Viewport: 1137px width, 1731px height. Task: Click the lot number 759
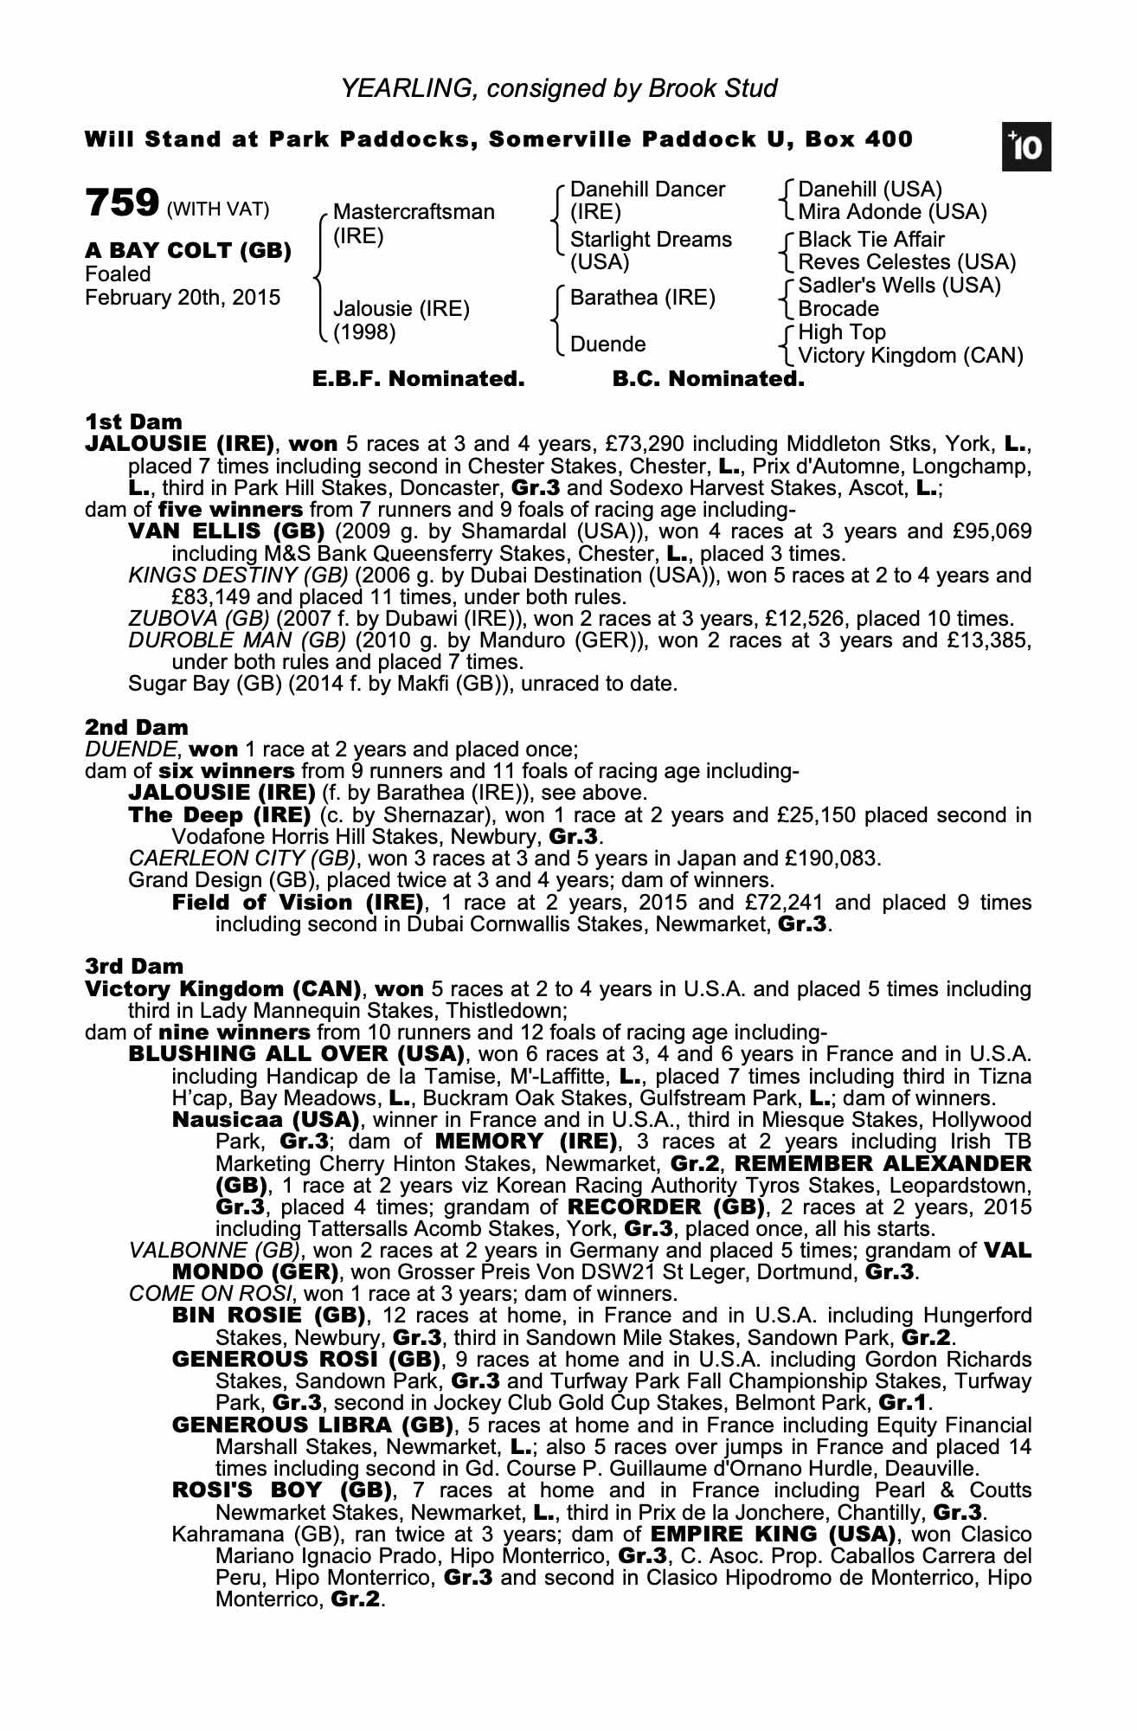tap(122, 204)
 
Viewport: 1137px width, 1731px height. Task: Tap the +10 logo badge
tap(1027, 148)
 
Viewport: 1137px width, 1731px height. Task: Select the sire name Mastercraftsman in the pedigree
tap(414, 212)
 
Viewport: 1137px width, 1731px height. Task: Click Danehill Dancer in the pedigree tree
tap(647, 190)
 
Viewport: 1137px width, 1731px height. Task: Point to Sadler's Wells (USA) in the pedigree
tap(899, 286)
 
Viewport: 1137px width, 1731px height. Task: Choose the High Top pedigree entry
tap(841, 332)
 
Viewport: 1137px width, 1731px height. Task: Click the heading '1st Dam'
tap(134, 422)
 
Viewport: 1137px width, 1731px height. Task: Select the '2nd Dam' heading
tap(137, 727)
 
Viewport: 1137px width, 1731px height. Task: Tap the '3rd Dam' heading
tap(135, 966)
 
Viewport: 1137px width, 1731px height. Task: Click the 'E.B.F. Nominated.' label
tap(418, 379)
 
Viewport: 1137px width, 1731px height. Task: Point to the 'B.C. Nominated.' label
tap(708, 379)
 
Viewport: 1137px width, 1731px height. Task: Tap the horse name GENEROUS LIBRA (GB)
tap(313, 1425)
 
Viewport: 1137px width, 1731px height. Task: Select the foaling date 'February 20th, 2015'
tap(183, 298)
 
